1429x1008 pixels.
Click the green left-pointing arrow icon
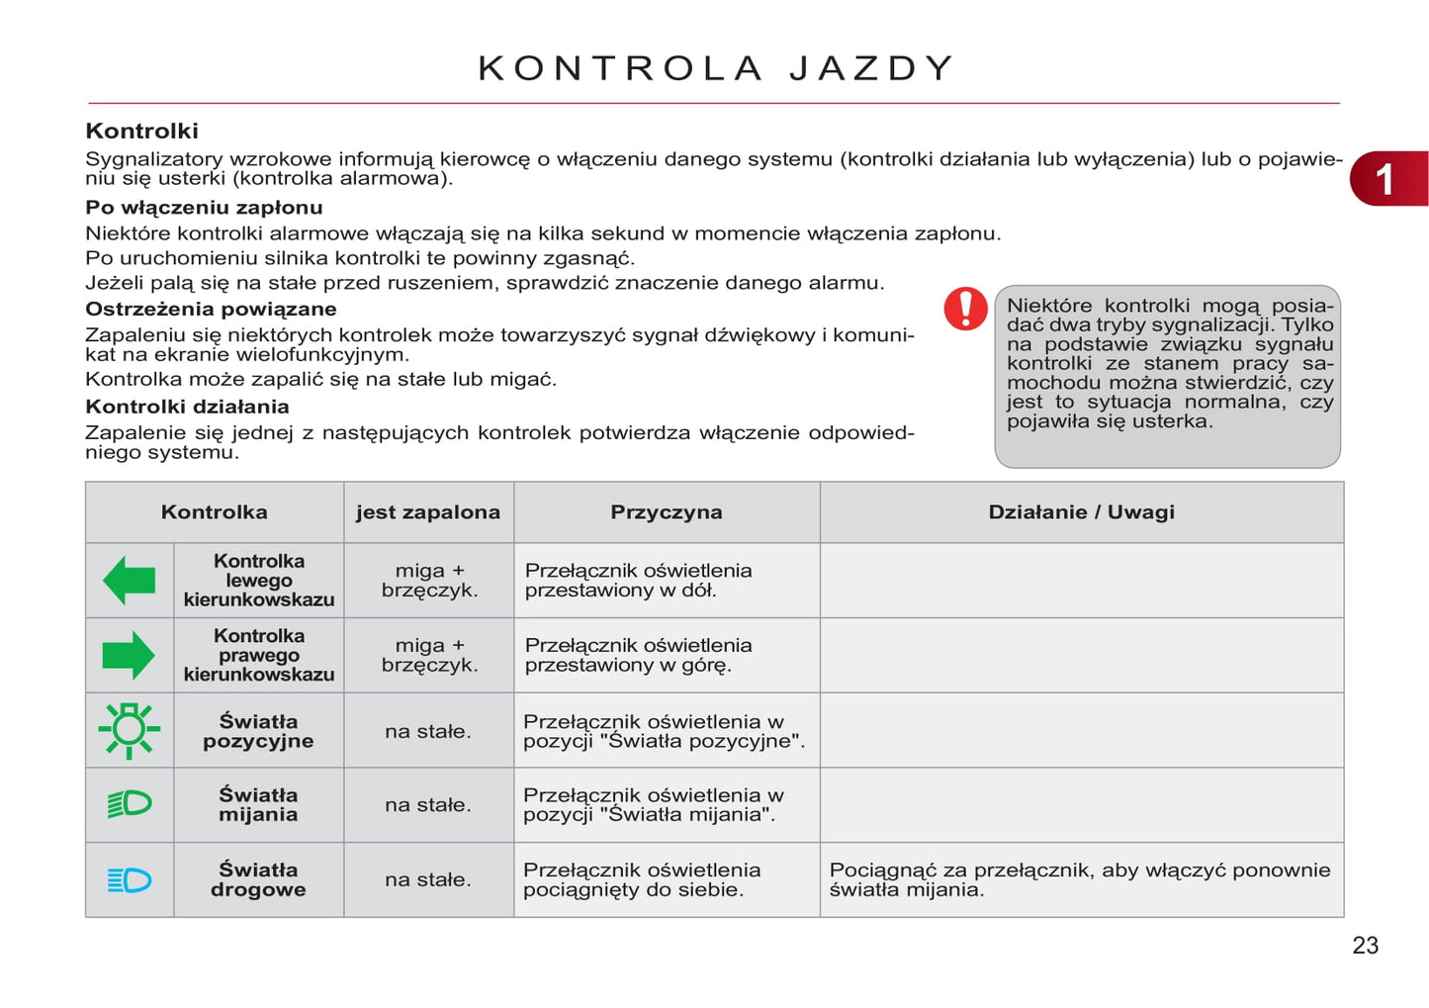click(129, 581)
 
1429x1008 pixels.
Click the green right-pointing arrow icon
click(129, 656)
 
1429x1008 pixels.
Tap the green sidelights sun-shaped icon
click(129, 731)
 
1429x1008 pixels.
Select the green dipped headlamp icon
click(130, 804)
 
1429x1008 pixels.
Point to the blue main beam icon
click(130, 879)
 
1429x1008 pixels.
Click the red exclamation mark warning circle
click(965, 309)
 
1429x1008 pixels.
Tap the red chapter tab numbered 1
click(1387, 179)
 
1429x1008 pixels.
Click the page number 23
click(1365, 946)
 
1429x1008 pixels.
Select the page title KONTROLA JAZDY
click(716, 68)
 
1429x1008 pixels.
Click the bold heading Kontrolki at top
click(141, 131)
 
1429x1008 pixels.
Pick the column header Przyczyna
click(666, 512)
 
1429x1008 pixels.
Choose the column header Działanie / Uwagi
click(1081, 512)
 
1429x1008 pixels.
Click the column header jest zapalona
click(428, 512)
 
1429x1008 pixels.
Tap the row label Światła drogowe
click(258, 879)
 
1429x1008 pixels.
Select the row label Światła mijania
click(258, 804)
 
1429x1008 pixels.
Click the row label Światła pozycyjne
click(258, 731)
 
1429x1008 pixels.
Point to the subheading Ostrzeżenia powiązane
click(211, 309)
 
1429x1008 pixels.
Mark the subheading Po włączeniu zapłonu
click(204, 208)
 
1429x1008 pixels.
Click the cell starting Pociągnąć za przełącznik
click(1079, 879)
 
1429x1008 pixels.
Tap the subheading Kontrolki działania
click(187, 407)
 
